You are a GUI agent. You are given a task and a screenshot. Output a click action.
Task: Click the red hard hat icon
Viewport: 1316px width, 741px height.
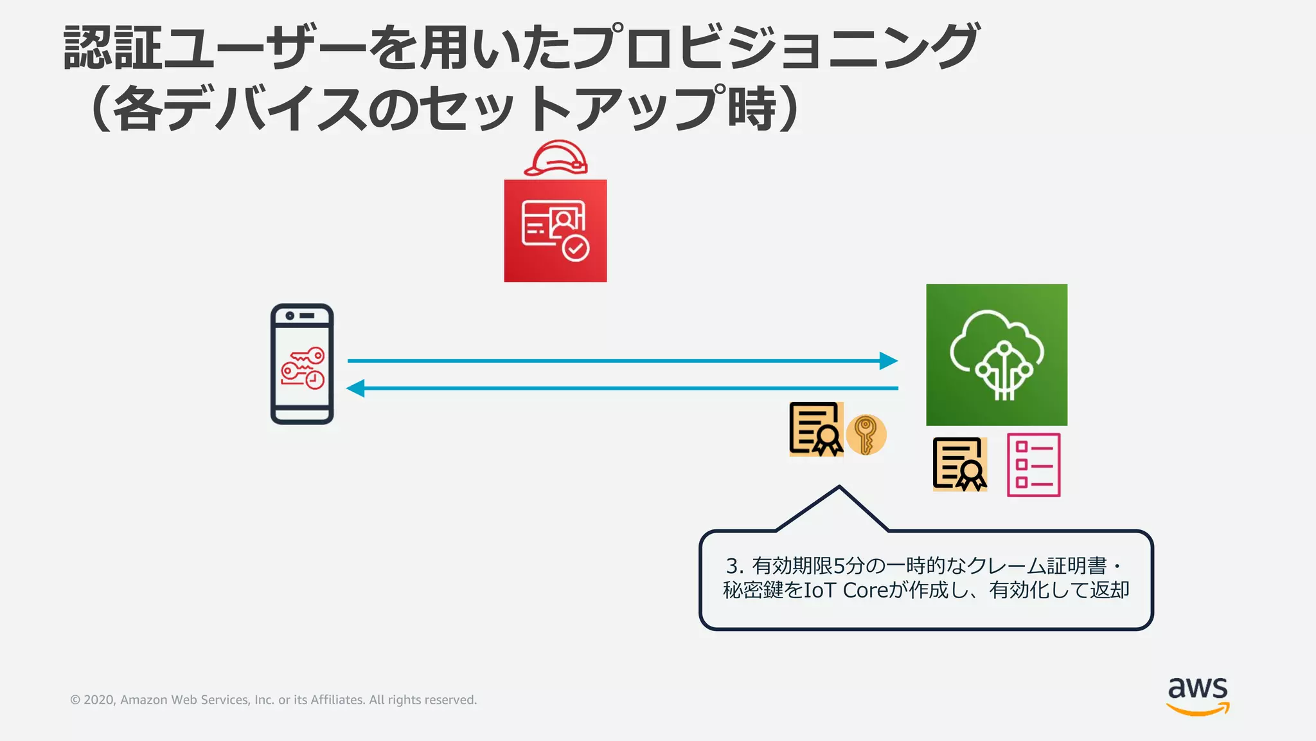pos(556,158)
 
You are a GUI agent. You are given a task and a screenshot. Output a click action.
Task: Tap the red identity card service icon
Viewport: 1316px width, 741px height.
pos(555,231)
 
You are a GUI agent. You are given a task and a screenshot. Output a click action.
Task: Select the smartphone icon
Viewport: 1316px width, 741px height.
pos(302,364)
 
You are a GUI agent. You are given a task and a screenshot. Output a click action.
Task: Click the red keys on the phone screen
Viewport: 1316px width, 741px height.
pos(303,369)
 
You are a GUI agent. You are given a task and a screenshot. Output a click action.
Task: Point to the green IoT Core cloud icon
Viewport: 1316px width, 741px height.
pos(997,355)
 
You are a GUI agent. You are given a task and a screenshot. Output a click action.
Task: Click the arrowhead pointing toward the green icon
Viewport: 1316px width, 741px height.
pos(889,361)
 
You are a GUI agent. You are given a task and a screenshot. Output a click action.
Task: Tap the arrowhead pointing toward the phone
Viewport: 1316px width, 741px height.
pos(355,389)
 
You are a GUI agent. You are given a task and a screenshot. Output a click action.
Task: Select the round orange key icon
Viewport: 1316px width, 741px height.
pos(866,435)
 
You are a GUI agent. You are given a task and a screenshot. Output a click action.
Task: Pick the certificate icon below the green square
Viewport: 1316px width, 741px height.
pos(959,464)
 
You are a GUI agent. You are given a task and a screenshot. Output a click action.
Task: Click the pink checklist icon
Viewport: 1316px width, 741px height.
pos(1034,465)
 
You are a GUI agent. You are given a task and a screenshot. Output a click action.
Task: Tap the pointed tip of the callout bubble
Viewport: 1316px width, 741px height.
pos(839,488)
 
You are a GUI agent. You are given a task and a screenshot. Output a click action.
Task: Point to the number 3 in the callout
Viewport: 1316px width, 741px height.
pos(733,566)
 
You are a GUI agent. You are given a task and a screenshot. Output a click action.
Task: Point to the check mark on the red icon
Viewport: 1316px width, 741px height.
pos(576,248)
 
